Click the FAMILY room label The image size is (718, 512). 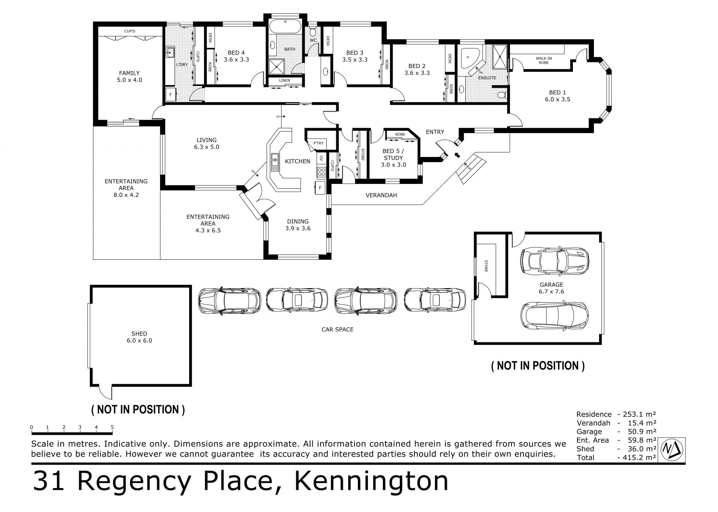click(129, 73)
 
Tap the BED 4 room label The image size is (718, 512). click(236, 53)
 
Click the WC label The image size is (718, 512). click(313, 40)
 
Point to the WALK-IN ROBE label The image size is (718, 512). click(544, 61)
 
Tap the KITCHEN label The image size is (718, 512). click(298, 161)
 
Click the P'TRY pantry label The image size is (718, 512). click(319, 143)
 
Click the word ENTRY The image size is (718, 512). click(435, 132)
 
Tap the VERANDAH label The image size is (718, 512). click(381, 195)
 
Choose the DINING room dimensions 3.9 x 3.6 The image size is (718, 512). click(298, 228)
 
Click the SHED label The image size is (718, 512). click(139, 334)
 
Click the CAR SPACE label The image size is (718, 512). click(337, 330)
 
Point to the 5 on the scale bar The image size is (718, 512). click(112, 427)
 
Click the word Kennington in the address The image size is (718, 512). click(371, 481)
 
